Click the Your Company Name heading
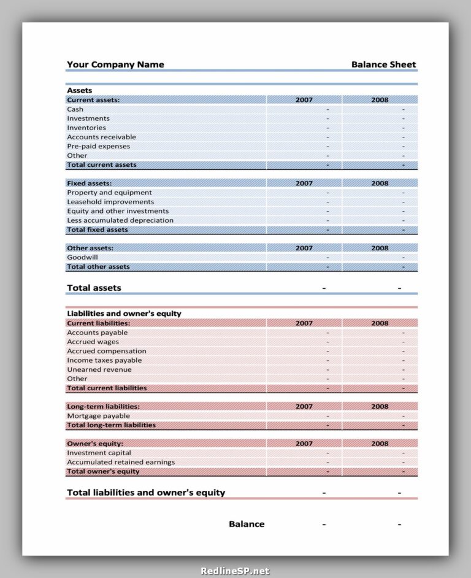115,64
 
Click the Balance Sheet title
383,64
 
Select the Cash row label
75,109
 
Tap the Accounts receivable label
101,137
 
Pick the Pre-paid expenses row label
98,146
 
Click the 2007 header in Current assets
304,99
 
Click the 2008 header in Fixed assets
380,183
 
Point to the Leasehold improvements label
110,202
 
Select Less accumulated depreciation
120,220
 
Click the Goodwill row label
82,258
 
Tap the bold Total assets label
94,288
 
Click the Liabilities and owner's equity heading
124,314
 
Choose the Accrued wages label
93,342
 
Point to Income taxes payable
104,360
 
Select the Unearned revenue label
99,369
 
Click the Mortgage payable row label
98,416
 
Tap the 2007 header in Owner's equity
304,444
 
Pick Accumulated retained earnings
121,462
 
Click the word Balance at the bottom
247,524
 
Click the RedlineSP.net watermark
235,571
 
